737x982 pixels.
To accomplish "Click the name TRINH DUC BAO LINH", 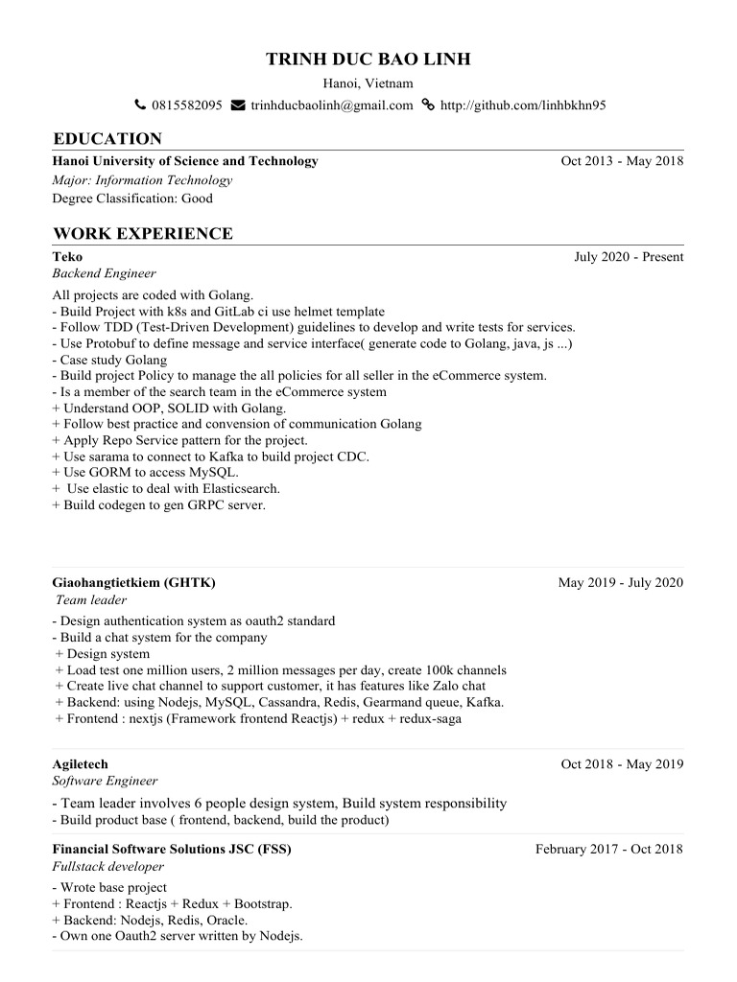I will pos(368,60).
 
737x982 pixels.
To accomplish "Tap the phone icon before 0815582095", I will pos(140,105).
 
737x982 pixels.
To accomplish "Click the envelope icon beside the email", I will pos(238,105).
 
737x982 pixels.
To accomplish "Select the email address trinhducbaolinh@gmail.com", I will pos(331,105).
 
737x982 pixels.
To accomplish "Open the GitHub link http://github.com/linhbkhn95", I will pos(522,105).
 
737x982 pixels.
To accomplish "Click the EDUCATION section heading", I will pos(107,138).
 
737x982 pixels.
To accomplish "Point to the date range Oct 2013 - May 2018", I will pos(622,161).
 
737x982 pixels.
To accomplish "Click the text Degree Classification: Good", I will pos(132,199).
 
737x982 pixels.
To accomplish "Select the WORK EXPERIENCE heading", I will pos(143,233).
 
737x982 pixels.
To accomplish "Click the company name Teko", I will pos(67,257).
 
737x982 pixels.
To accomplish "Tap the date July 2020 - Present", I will pos(629,257).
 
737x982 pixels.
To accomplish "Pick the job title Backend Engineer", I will pos(104,273).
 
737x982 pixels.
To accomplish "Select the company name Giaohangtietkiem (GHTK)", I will pos(133,583).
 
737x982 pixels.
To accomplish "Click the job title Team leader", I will pos(91,599).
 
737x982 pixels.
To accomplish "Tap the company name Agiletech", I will pos(80,764).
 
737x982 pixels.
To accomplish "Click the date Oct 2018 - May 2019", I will pos(622,764).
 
